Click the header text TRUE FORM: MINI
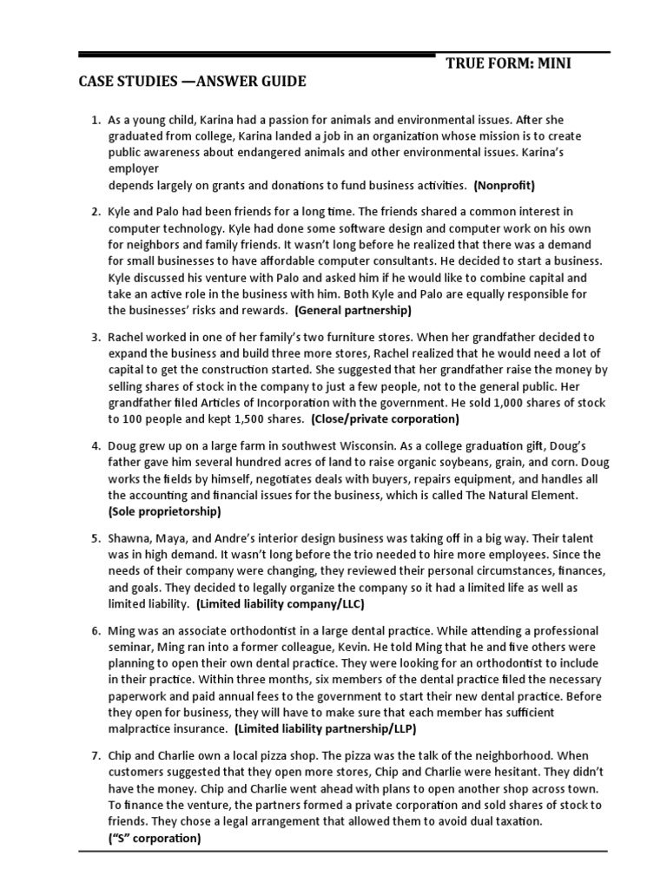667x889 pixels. pos(509,63)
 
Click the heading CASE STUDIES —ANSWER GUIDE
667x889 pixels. pos(192,82)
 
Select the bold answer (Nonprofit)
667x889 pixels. pos(505,185)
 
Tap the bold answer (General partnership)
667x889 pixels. pos(353,310)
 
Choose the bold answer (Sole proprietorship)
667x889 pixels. pos(165,511)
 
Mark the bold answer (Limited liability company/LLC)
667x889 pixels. pos(281,603)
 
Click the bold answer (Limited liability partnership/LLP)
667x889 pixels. pos(326,728)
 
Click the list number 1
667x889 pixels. pos(96,119)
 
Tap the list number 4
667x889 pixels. pos(96,445)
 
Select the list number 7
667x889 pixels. pos(96,755)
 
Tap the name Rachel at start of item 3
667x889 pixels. pos(129,337)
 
